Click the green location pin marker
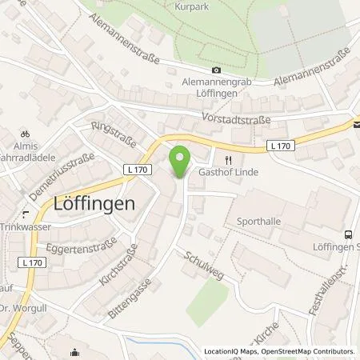click(x=181, y=158)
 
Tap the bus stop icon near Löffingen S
click(x=348, y=234)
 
